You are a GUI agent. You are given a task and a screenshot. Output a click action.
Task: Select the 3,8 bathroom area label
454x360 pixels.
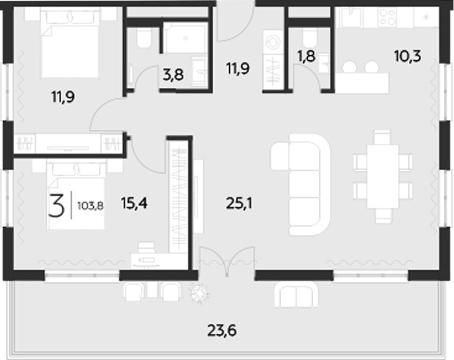pos(172,74)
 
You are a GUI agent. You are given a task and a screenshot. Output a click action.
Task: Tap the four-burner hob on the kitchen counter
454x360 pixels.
pos(387,17)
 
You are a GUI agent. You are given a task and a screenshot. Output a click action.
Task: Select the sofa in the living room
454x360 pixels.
pos(300,183)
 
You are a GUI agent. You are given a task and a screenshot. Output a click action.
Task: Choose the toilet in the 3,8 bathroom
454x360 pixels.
pos(143,40)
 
